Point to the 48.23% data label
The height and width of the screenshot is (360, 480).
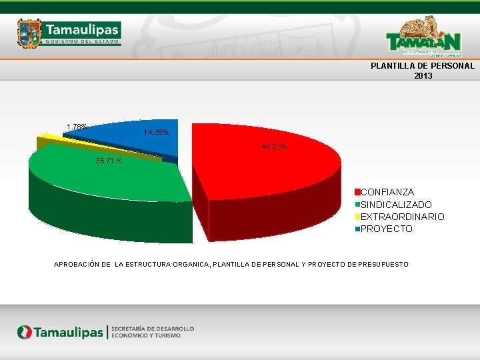click(275, 147)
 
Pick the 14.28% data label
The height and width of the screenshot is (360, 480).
click(156, 133)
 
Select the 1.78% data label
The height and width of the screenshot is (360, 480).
click(77, 127)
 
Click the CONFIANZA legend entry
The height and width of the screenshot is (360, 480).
click(387, 192)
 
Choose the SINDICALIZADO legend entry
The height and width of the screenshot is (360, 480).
click(396, 205)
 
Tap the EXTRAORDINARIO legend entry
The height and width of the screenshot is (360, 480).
click(402, 217)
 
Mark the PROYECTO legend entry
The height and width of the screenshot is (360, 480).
click(386, 229)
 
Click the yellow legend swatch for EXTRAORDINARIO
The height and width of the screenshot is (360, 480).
click(357, 217)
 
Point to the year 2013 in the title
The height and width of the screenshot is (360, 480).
click(423, 76)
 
